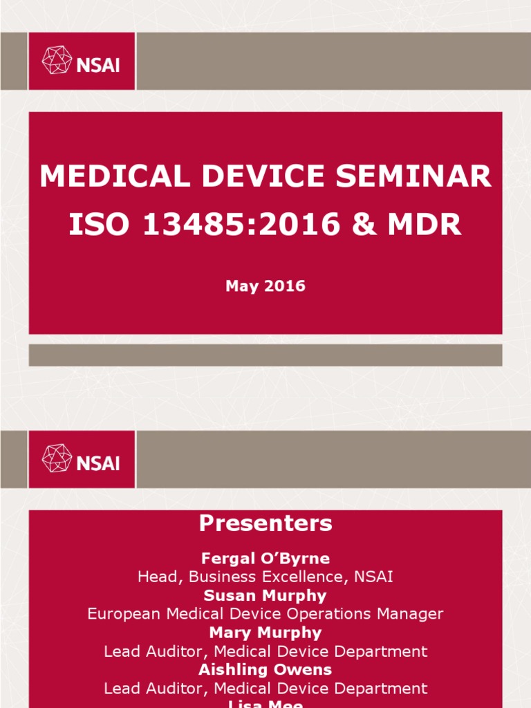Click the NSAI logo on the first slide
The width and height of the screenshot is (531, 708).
click(x=81, y=60)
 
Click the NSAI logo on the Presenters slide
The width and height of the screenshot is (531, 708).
click(x=81, y=458)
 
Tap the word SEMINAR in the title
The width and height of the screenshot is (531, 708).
click(x=414, y=176)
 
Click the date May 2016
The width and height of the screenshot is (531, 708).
click(x=265, y=286)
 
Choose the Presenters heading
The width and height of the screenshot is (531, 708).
click(x=265, y=523)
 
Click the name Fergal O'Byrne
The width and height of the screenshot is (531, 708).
click(x=265, y=558)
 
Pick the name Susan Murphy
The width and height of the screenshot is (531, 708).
click(x=265, y=595)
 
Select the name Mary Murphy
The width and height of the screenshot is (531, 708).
click(x=265, y=633)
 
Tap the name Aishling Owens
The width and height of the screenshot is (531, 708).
click(x=265, y=669)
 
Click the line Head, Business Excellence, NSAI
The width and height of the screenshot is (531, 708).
click(x=265, y=577)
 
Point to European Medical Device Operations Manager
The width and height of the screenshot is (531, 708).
click(x=265, y=614)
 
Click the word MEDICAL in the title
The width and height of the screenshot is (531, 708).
click(x=114, y=176)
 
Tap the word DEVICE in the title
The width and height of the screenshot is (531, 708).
click(x=263, y=176)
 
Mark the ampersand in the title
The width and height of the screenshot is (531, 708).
click(x=367, y=225)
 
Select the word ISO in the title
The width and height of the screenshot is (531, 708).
click(x=96, y=225)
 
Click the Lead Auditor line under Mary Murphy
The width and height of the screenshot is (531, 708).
click(x=265, y=651)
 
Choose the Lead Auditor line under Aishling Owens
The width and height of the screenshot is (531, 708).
click(x=265, y=688)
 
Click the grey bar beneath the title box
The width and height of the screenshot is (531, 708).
click(x=265, y=355)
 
